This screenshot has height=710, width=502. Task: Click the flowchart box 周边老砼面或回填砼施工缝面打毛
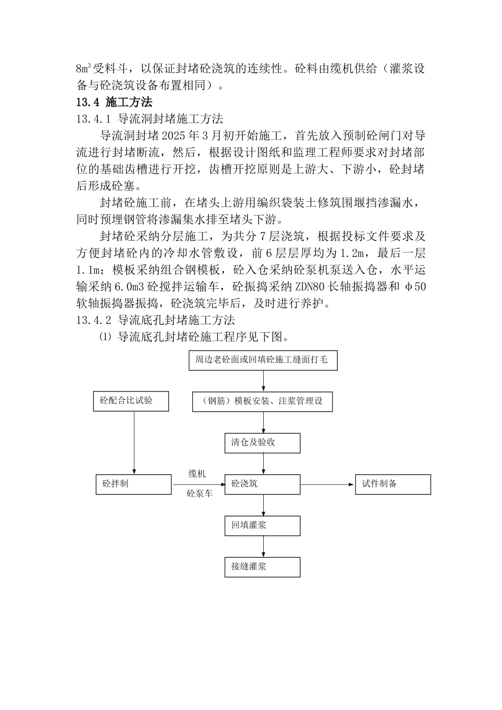pyautogui.click(x=263, y=360)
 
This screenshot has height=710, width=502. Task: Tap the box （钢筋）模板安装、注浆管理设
pyautogui.click(x=263, y=401)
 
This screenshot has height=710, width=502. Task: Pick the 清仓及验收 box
pyautogui.click(x=263, y=443)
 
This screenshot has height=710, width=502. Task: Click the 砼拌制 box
pyautogui.click(x=134, y=484)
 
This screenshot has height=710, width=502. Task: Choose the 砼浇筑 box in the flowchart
pyautogui.click(x=263, y=484)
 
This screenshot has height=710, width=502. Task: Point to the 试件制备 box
pyautogui.click(x=393, y=484)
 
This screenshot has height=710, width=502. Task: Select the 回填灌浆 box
pyautogui.click(x=263, y=526)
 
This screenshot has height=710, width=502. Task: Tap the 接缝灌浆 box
pyautogui.click(x=263, y=567)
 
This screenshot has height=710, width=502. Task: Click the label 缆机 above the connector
pyautogui.click(x=197, y=473)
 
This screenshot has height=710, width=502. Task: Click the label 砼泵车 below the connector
pyautogui.click(x=199, y=494)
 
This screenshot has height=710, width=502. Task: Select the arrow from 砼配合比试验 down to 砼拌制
pyautogui.click(x=134, y=443)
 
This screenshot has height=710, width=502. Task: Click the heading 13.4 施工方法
pyautogui.click(x=114, y=102)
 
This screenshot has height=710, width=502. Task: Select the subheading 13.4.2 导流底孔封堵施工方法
pyautogui.click(x=155, y=320)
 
